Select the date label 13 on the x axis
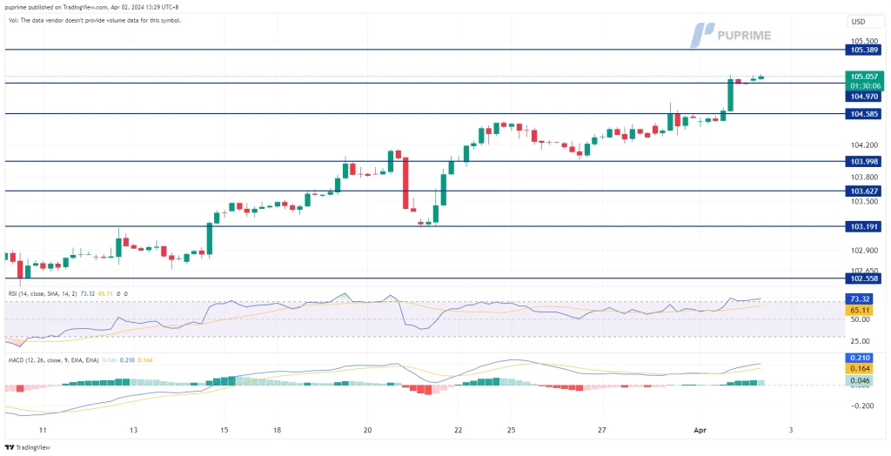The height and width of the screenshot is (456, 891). click(132, 430)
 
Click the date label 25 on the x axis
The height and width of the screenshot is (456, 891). click(512, 430)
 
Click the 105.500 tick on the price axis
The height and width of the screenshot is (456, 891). click(863, 41)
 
